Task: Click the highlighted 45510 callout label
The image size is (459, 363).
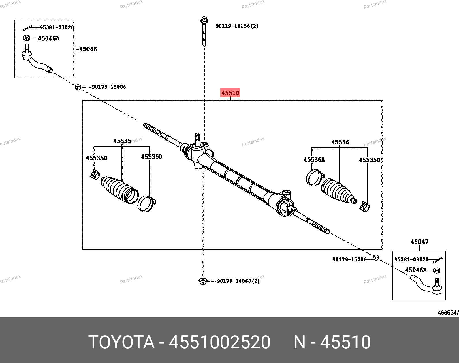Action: (x=230, y=93)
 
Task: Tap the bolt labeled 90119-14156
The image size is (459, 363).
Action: (x=204, y=31)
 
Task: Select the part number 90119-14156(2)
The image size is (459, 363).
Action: (x=237, y=26)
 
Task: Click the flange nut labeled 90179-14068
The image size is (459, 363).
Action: (x=203, y=281)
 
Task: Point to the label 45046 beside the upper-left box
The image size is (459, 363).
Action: (x=88, y=49)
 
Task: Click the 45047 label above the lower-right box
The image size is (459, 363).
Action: (x=420, y=242)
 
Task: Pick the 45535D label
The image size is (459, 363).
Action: (x=152, y=157)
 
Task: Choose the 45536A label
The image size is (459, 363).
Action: (x=314, y=160)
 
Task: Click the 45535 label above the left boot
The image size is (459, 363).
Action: (x=122, y=141)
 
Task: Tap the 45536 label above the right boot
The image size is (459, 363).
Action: (x=340, y=142)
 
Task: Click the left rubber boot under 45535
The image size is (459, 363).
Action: (x=119, y=190)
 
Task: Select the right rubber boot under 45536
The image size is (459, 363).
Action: (x=339, y=191)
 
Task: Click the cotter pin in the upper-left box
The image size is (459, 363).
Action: (x=28, y=28)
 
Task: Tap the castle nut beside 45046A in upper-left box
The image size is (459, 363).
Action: (x=26, y=38)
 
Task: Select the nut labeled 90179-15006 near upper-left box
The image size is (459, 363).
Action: (x=78, y=87)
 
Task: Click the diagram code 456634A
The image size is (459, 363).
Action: (x=448, y=313)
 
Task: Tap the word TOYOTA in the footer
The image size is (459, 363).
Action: (x=121, y=342)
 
